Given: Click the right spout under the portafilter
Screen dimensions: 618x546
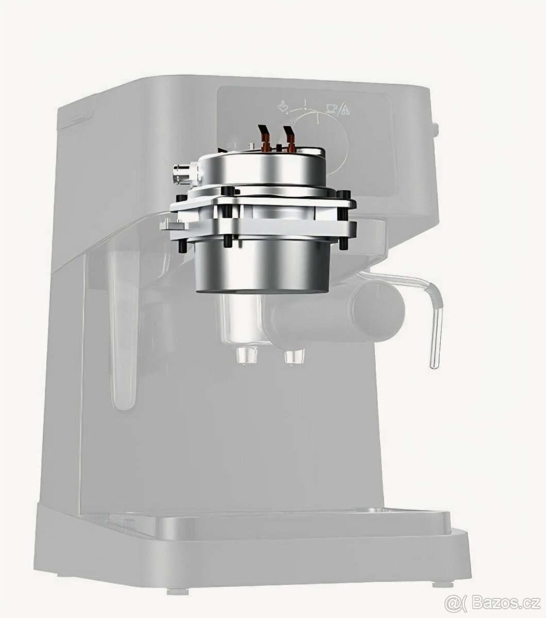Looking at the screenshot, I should pyautogui.click(x=294, y=356).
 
